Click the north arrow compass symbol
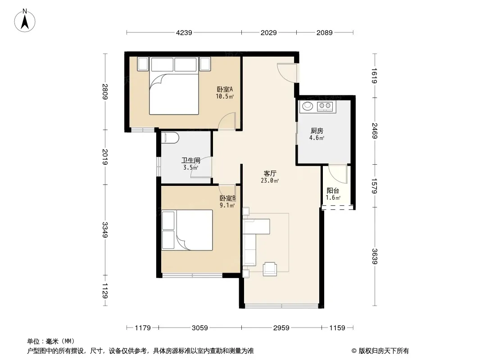(x=25, y=21)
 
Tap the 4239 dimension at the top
(x=184, y=32)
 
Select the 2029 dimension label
(x=268, y=32)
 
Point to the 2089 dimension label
(x=324, y=32)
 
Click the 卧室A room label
(x=225, y=89)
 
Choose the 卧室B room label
(x=227, y=198)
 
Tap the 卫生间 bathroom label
(x=191, y=160)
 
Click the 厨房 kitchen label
(x=317, y=131)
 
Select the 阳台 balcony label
(x=333, y=191)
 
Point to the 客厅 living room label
(x=270, y=173)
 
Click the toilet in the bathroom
(x=170, y=138)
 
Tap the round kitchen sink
(x=308, y=106)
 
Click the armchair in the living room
(x=270, y=269)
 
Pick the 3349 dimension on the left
(x=105, y=229)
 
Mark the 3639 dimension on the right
(x=374, y=256)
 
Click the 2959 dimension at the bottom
(x=281, y=328)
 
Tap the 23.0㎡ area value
(x=270, y=180)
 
